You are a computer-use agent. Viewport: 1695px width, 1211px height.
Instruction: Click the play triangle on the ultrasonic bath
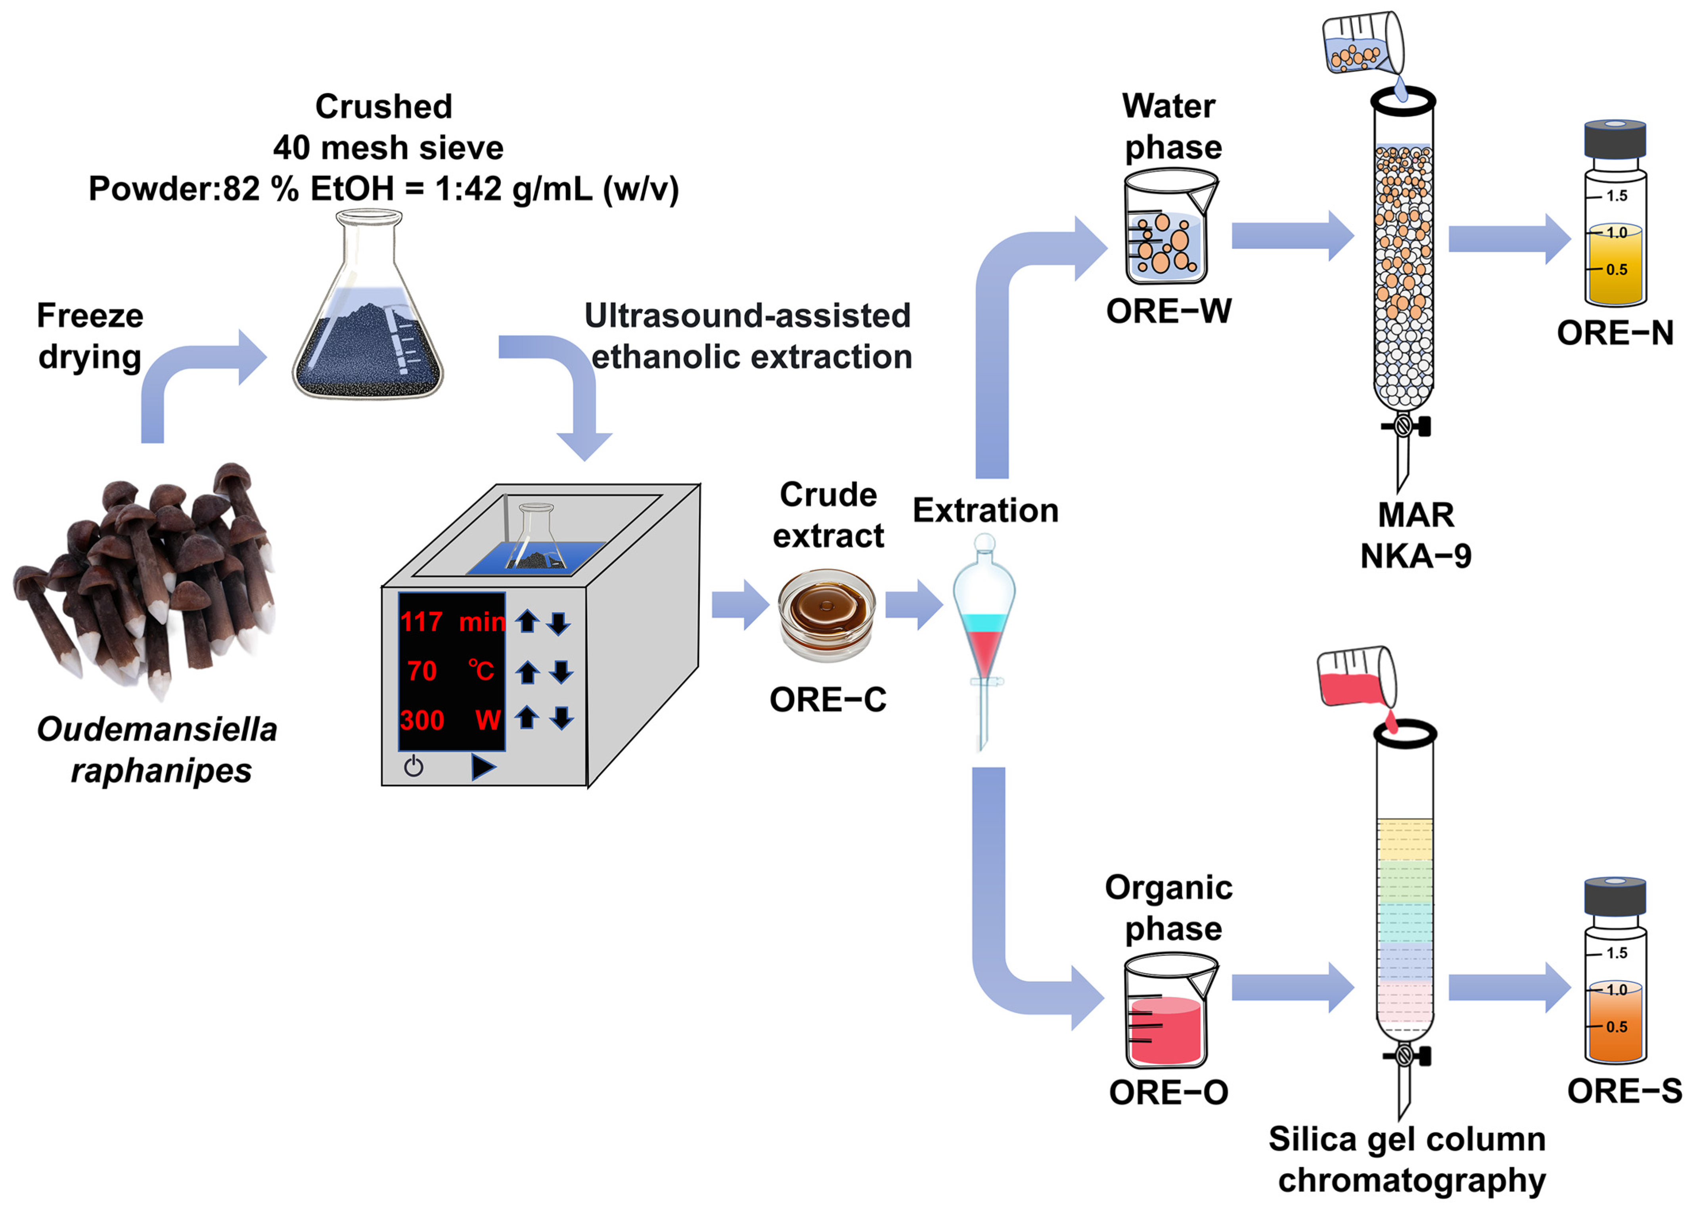pos(483,767)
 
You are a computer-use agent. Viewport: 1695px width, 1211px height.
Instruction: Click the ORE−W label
pos(1168,311)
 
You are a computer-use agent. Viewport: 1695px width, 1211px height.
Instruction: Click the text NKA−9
pos(1415,555)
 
